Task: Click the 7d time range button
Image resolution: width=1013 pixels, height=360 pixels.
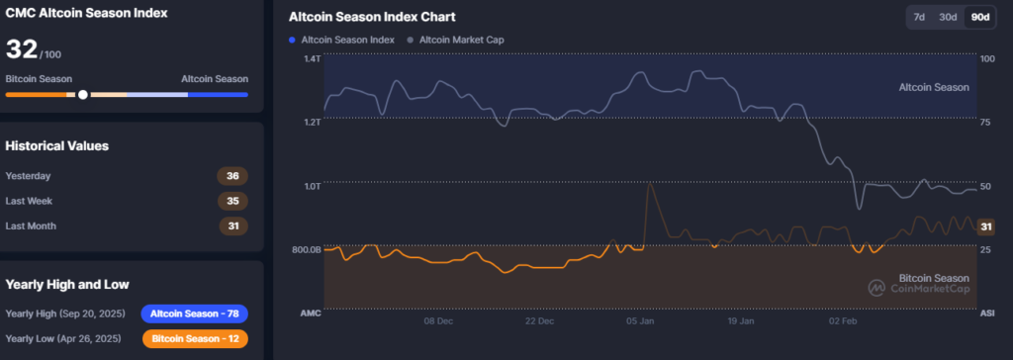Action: pos(918,17)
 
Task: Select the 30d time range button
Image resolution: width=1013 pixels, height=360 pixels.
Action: pos(947,17)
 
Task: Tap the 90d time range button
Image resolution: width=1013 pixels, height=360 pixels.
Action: pos(980,17)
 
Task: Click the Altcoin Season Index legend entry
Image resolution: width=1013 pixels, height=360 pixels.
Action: pos(341,40)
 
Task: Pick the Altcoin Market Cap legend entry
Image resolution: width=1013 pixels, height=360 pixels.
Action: pos(455,40)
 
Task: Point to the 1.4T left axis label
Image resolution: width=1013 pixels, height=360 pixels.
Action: pos(312,58)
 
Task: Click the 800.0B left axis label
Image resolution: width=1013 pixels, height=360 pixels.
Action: pos(307,249)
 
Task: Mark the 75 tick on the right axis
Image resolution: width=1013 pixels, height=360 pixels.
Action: pos(986,123)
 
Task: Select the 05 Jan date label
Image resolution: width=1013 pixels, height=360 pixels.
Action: pos(640,321)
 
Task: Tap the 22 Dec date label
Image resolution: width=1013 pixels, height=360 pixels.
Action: pos(540,321)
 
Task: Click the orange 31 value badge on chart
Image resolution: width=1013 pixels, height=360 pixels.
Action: pos(986,226)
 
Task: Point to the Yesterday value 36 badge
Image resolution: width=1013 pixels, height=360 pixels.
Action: pos(232,176)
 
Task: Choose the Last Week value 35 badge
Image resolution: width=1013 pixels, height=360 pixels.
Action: pos(232,201)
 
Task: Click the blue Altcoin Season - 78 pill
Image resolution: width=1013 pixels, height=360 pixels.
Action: pos(195,314)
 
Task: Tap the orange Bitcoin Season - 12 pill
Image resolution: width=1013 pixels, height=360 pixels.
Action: pos(195,338)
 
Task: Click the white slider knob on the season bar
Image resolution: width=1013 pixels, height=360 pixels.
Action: pos(83,94)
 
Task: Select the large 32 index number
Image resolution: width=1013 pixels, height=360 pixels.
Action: pos(22,49)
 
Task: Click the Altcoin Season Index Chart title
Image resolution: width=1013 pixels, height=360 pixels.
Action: pos(372,17)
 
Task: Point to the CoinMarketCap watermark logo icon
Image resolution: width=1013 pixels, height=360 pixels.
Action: pos(876,288)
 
